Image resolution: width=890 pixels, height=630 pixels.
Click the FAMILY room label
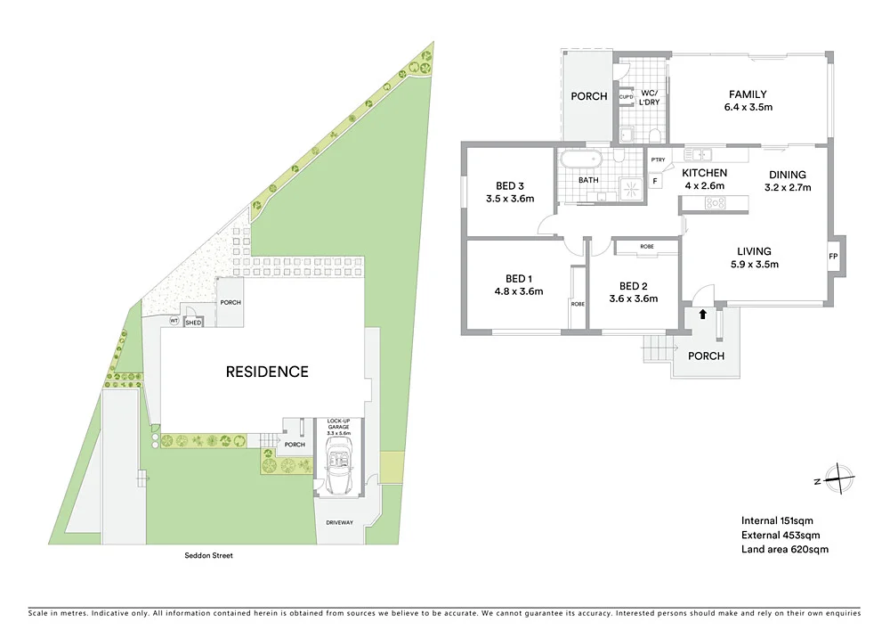tap(748, 94)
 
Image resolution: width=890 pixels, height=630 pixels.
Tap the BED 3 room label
tap(510, 186)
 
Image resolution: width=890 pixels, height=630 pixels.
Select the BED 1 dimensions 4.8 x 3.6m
tap(518, 290)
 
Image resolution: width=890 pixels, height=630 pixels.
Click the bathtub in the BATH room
tap(581, 161)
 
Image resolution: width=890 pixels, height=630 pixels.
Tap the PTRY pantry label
tap(659, 160)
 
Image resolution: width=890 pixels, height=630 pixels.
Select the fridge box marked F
tap(655, 181)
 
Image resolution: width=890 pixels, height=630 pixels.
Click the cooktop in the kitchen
tap(716, 203)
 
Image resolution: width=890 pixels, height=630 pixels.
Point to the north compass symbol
tap(838, 479)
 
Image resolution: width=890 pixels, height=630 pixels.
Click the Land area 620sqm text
tap(784, 550)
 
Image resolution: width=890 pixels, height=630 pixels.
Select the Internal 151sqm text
tap(777, 520)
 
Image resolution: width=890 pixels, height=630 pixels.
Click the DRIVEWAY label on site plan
tap(339, 523)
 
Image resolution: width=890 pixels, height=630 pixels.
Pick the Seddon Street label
tap(202, 554)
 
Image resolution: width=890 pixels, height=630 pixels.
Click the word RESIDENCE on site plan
tap(266, 372)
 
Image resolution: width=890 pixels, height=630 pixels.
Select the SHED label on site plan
tap(193, 323)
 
